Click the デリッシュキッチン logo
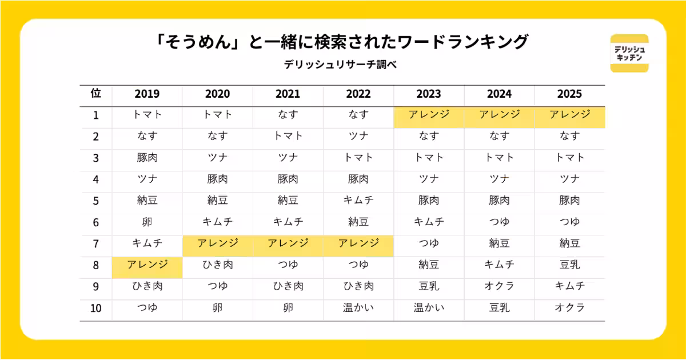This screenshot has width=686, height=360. pyautogui.click(x=629, y=53)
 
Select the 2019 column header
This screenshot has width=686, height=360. pyautogui.click(x=147, y=94)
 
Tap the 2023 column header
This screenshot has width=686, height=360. pyautogui.click(x=429, y=94)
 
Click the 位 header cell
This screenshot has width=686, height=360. pyautogui.click(x=96, y=93)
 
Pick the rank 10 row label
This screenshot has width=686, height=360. pyautogui.click(x=96, y=308)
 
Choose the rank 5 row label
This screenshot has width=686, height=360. pyautogui.click(x=96, y=201)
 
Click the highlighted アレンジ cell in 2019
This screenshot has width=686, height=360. pyautogui.click(x=147, y=267)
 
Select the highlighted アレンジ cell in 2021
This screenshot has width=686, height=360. pyautogui.click(x=288, y=246)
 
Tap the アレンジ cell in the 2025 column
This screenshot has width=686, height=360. pyautogui.click(x=570, y=118)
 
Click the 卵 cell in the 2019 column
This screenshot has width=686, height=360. pyautogui.click(x=147, y=222)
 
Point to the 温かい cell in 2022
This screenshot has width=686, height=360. pyautogui.click(x=358, y=307)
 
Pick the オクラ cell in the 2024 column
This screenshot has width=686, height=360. pyautogui.click(x=499, y=286)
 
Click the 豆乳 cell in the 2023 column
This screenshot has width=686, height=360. pyautogui.click(x=429, y=286)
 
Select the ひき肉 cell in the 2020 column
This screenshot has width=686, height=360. pyautogui.click(x=218, y=265)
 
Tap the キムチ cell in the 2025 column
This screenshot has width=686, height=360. pyautogui.click(x=569, y=286)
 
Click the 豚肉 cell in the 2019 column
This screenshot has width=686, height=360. pyautogui.click(x=147, y=158)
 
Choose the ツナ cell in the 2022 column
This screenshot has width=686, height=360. pyautogui.click(x=358, y=136)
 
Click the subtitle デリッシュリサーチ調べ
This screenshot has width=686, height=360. pyautogui.click(x=340, y=65)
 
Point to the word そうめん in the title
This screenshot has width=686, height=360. pyautogui.click(x=198, y=42)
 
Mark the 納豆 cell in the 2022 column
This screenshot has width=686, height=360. pyautogui.click(x=358, y=222)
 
